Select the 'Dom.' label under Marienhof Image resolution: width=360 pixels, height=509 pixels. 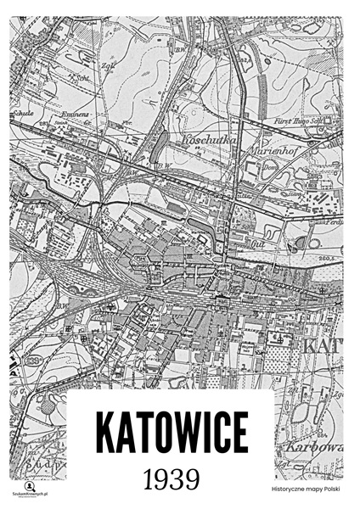[264, 168]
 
